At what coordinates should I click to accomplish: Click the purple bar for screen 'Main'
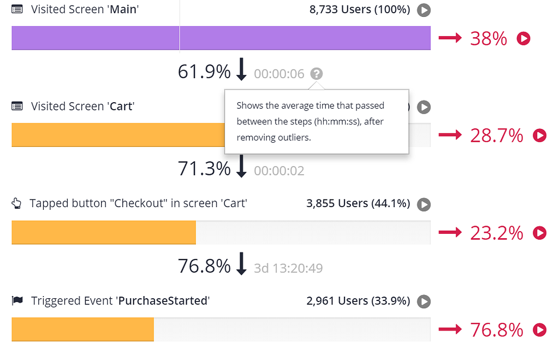(221, 38)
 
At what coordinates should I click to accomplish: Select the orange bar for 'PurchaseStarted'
(83, 329)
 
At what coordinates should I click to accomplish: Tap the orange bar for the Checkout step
(104, 232)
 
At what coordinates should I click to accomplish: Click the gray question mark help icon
(316, 74)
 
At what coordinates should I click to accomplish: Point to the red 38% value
(489, 39)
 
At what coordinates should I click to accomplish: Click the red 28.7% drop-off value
(497, 135)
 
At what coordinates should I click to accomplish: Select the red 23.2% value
(497, 233)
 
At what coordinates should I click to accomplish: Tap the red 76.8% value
(497, 329)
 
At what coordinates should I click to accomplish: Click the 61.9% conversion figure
(204, 72)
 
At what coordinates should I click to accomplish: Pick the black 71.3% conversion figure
(204, 168)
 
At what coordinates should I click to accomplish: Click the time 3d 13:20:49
(288, 268)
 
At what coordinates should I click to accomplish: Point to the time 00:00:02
(279, 171)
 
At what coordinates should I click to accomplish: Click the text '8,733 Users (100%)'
(360, 9)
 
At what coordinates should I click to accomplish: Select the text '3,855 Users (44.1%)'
(358, 203)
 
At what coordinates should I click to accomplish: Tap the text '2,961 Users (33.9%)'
(358, 301)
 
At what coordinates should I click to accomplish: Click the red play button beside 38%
(524, 38)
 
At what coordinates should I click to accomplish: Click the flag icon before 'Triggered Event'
(17, 300)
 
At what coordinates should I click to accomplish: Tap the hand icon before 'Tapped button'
(16, 203)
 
